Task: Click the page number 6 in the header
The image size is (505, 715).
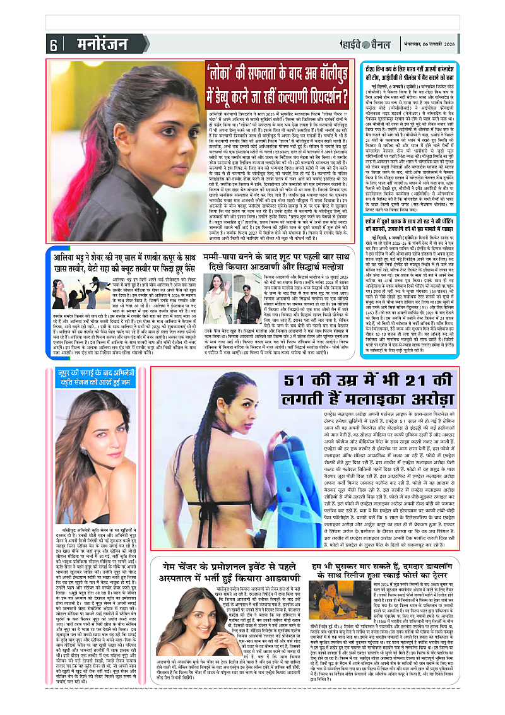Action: (x=52, y=45)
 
